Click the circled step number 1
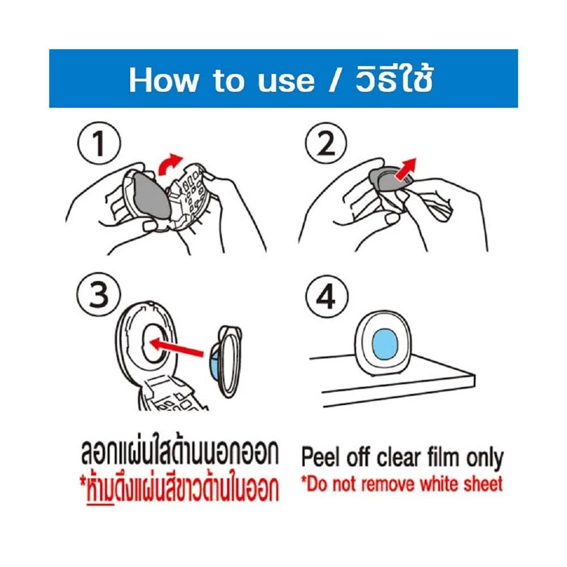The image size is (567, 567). (99, 143)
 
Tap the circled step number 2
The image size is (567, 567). (326, 143)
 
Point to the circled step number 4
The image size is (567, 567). (327, 297)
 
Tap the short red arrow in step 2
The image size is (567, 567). (406, 169)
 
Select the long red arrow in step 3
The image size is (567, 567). (176, 347)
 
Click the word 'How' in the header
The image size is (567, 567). (164, 81)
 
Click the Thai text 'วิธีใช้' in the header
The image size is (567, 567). (394, 79)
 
